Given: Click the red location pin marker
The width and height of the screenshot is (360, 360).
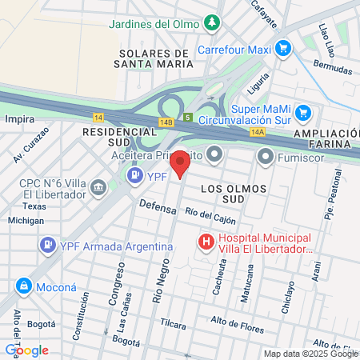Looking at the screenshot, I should coord(181,163).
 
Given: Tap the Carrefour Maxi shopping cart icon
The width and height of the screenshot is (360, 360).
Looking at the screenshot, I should coord(282,49).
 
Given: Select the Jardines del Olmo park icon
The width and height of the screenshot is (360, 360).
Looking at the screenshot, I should coord(211,23).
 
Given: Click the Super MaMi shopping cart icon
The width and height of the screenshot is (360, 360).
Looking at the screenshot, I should coord(302,113).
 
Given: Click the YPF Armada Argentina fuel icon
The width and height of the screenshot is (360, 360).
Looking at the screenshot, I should coord(48,244).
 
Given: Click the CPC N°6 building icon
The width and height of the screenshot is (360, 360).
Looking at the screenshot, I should coord(98,188).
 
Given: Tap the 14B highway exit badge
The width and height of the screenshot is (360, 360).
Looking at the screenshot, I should coord(166,122).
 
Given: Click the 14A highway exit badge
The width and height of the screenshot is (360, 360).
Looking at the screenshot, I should coord(257,132).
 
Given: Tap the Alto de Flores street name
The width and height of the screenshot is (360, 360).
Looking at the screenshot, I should coord(237,321).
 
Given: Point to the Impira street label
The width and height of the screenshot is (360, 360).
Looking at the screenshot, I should coord(19,118).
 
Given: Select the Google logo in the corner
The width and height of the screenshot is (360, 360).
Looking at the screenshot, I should coord(26,350).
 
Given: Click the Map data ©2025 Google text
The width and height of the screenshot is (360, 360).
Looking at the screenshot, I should coord(311,354).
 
